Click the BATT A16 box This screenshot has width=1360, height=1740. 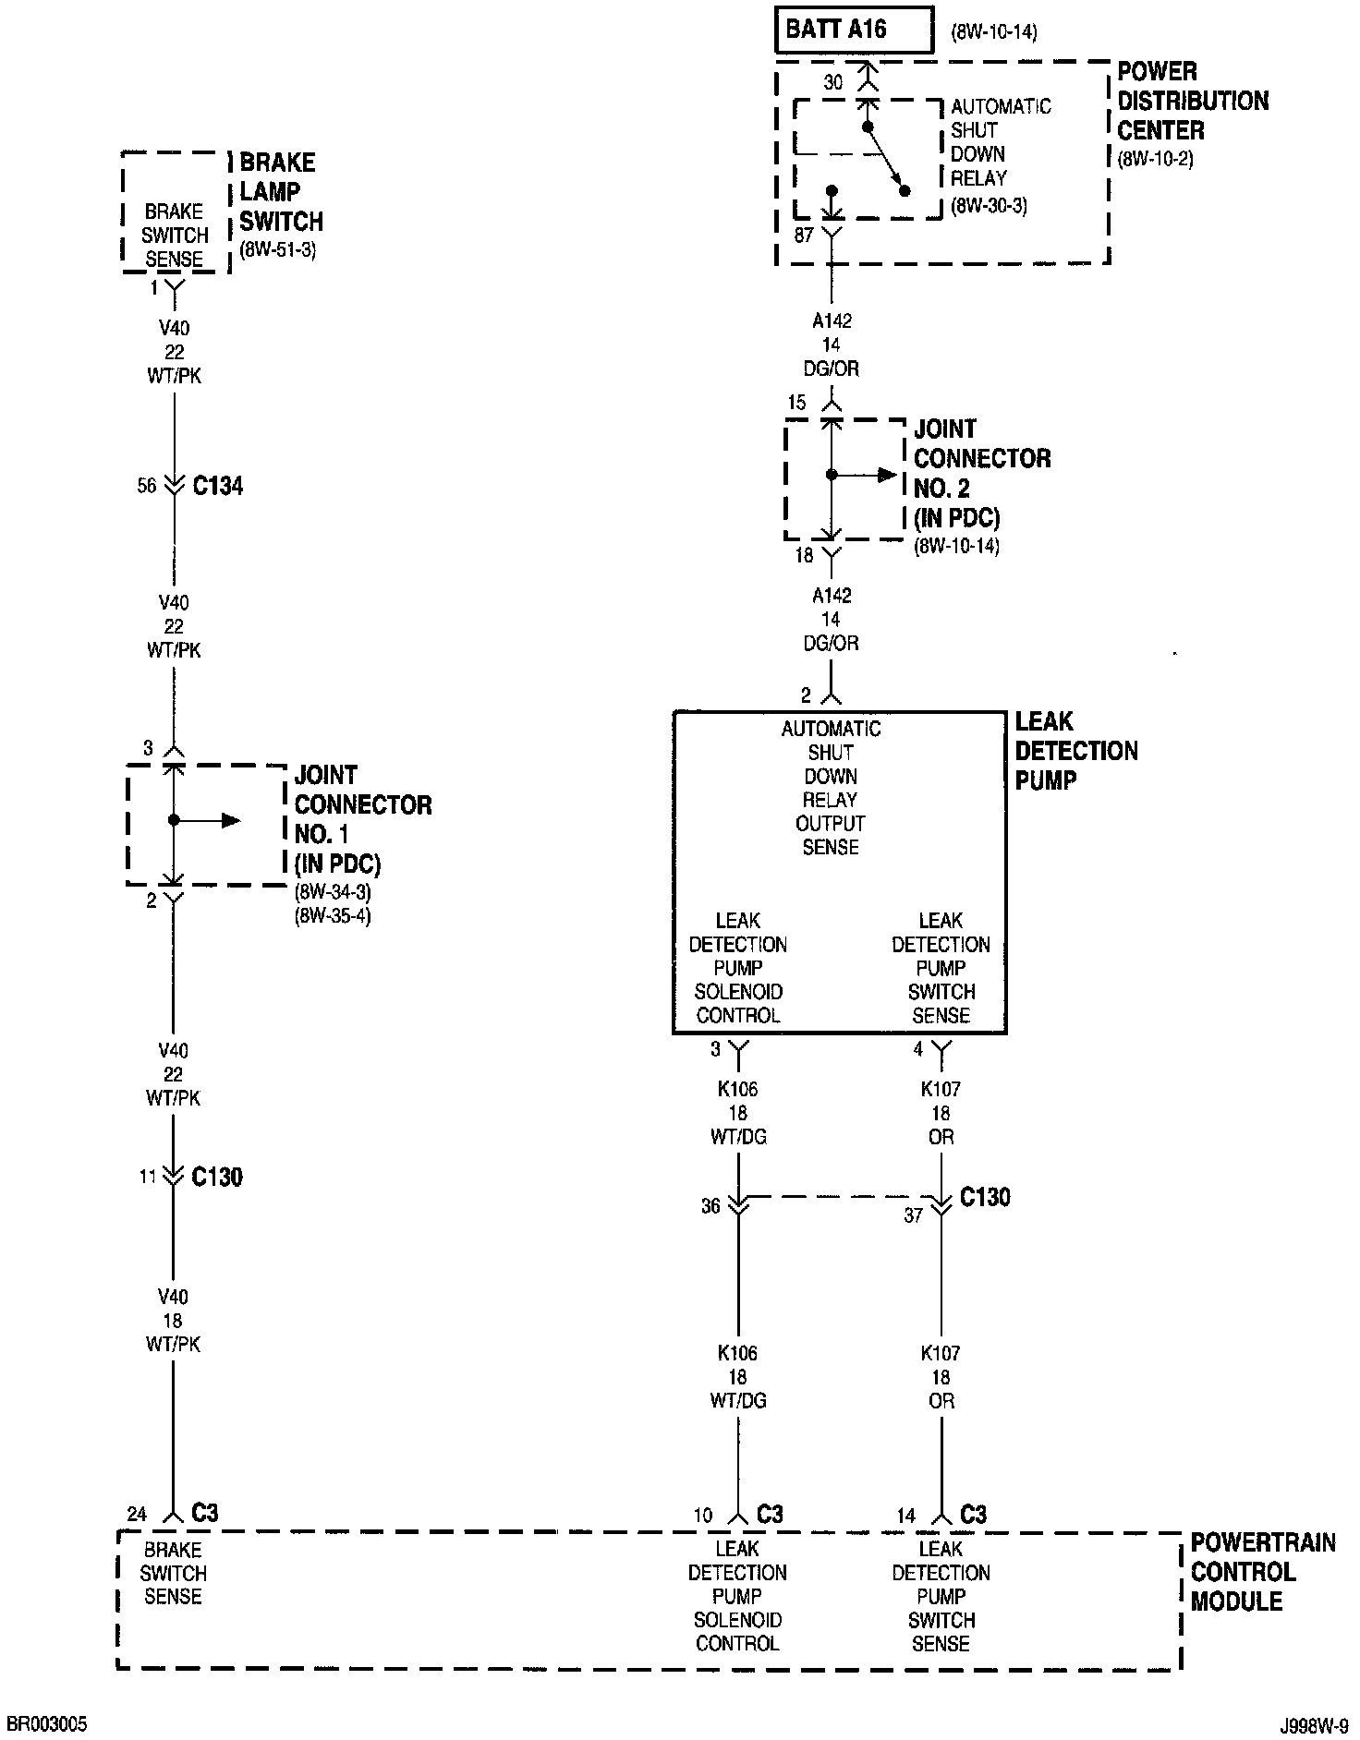853,30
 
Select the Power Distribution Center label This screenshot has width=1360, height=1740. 1193,101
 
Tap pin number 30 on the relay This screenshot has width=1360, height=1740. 833,83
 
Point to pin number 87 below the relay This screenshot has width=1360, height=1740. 804,236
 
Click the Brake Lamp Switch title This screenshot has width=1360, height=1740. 281,192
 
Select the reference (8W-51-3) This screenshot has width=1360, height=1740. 278,250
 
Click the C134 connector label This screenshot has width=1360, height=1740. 218,487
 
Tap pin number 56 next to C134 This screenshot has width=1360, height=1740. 147,486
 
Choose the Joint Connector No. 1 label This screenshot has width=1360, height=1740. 362,819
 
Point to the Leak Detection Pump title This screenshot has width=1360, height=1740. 1075,751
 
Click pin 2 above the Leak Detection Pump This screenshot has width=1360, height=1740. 807,695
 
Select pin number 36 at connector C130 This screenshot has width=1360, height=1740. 710,1206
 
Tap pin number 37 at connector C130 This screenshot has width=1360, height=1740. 913,1215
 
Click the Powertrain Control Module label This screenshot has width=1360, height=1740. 1262,1572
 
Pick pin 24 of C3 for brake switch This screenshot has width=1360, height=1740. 137,1514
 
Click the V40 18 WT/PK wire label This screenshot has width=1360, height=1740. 173,1321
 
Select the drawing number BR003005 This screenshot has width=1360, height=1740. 47,1724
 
